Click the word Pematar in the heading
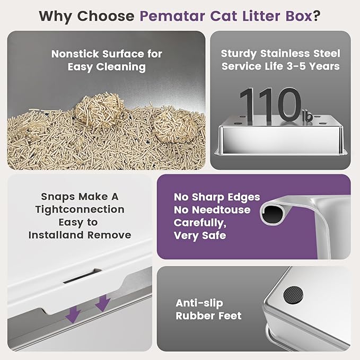point(170,15)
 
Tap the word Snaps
point(55,197)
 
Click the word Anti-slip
point(199,303)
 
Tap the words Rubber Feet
point(208,317)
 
